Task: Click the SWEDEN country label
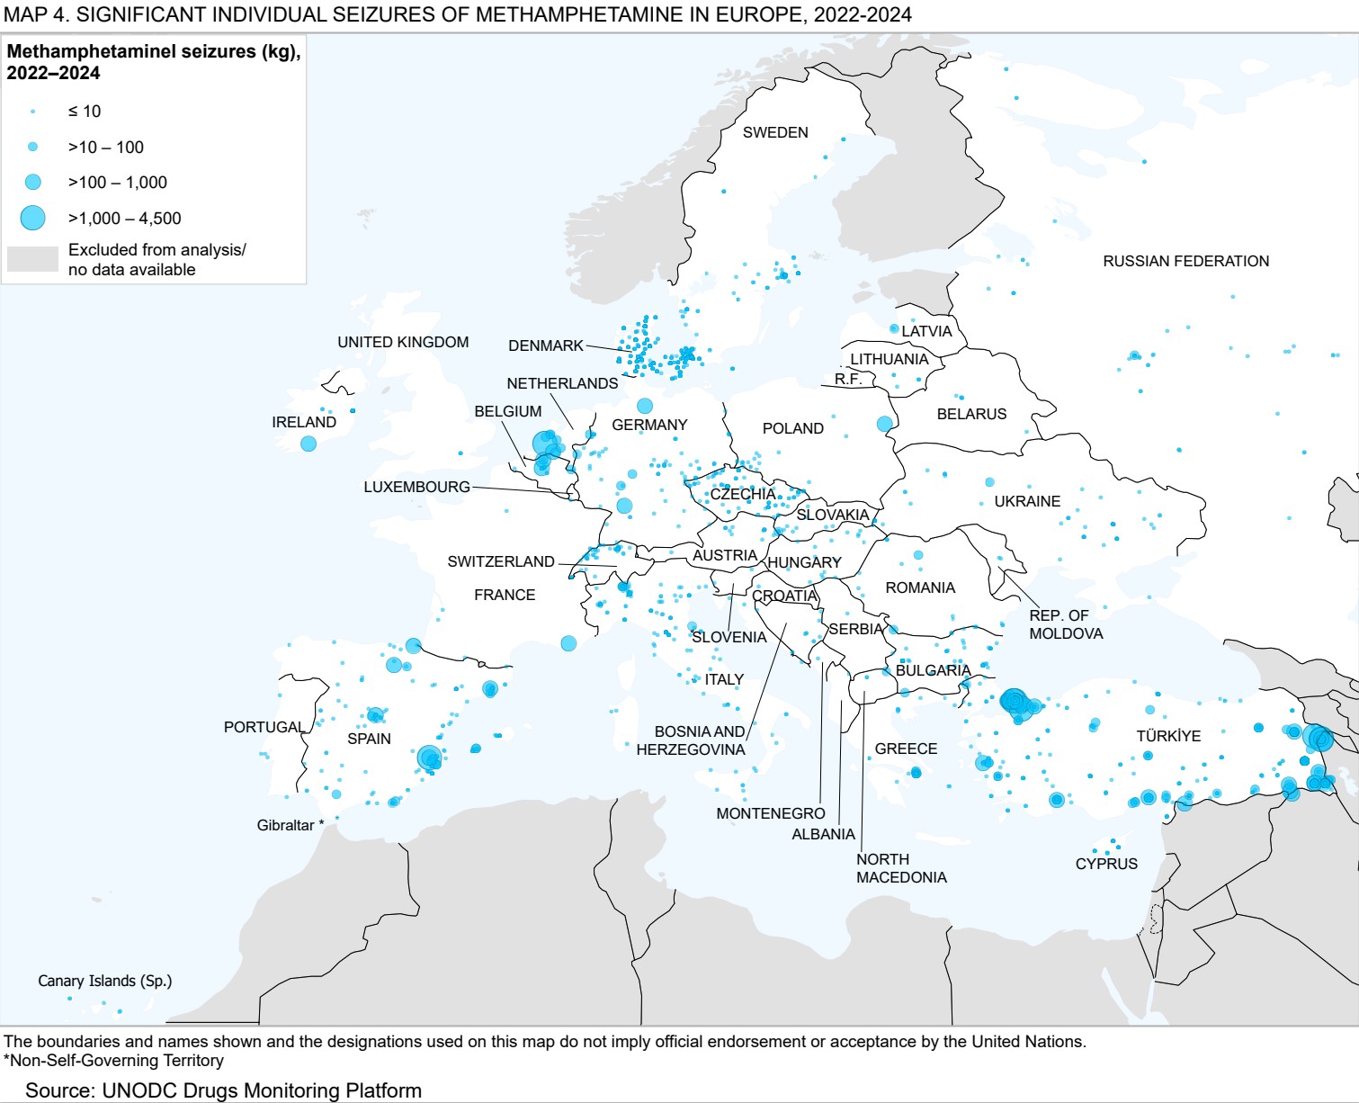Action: click(775, 132)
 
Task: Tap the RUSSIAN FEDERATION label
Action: click(1185, 261)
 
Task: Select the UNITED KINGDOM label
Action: click(403, 342)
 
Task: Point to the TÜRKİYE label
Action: click(1168, 736)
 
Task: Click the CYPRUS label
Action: click(1106, 864)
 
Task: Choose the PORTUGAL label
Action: click(264, 727)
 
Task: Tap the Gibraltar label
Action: click(285, 825)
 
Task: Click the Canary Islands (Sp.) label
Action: click(104, 981)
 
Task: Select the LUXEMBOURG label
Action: click(416, 487)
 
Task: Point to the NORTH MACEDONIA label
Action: click(900, 868)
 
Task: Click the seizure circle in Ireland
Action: click(308, 444)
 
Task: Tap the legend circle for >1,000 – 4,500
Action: click(33, 218)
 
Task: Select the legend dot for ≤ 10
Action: click(33, 112)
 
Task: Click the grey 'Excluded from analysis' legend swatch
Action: click(32, 259)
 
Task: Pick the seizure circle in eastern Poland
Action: click(884, 424)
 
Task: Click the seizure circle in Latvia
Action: click(894, 329)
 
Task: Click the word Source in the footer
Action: click(58, 1090)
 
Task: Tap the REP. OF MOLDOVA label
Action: click(1066, 624)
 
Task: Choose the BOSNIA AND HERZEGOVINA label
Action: click(691, 740)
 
